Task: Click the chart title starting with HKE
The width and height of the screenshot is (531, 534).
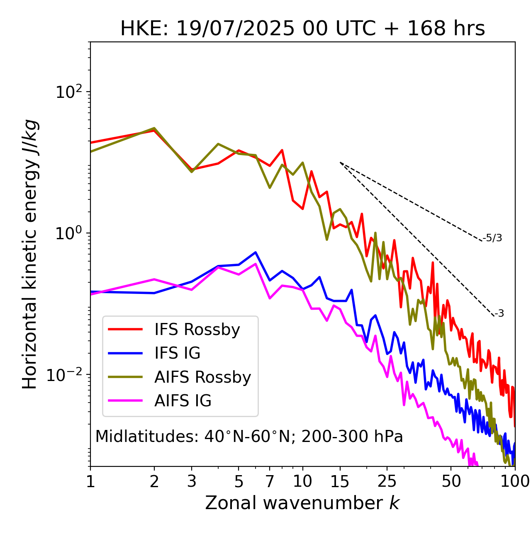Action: (302, 29)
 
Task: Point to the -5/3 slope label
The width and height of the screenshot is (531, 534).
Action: (492, 238)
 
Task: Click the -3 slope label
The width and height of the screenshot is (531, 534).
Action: (499, 314)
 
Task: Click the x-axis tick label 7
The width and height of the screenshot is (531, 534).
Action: (270, 481)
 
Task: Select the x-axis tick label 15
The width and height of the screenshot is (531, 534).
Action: (340, 481)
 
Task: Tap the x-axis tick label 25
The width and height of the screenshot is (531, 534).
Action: (387, 481)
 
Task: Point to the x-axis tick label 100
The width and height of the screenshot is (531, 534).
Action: (515, 481)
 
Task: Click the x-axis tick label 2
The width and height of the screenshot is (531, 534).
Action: (154, 481)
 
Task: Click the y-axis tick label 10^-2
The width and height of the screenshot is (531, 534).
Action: (66, 374)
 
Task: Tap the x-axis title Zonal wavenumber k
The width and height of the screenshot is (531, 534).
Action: (302, 503)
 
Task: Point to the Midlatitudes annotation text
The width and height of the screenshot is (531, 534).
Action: (249, 437)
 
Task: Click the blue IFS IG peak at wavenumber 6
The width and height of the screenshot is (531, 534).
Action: (256, 252)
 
